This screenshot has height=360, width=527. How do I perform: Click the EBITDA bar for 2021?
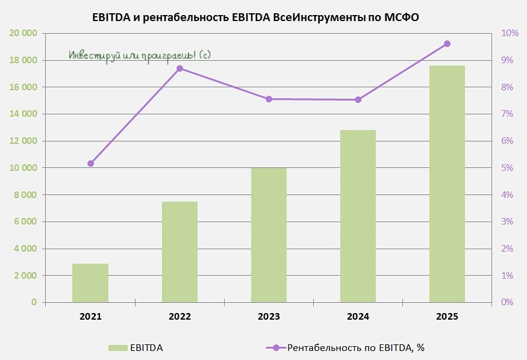pyautogui.click(x=90, y=283)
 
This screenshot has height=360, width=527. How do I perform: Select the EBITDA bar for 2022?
pyautogui.click(x=179, y=252)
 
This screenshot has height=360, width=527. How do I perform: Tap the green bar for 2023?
pyautogui.click(x=269, y=235)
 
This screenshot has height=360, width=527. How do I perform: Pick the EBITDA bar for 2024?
pyautogui.click(x=358, y=216)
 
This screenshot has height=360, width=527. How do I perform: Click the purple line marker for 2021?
pyautogui.click(x=91, y=163)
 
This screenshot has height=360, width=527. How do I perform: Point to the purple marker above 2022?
pyautogui.click(x=179, y=69)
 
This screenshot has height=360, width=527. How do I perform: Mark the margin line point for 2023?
pyautogui.click(x=269, y=99)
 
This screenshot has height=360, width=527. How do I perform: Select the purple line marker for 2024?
pyautogui.click(x=358, y=99)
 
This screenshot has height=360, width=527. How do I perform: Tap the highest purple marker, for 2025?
pyautogui.click(x=447, y=43)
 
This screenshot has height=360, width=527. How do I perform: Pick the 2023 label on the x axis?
pyautogui.click(x=269, y=316)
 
